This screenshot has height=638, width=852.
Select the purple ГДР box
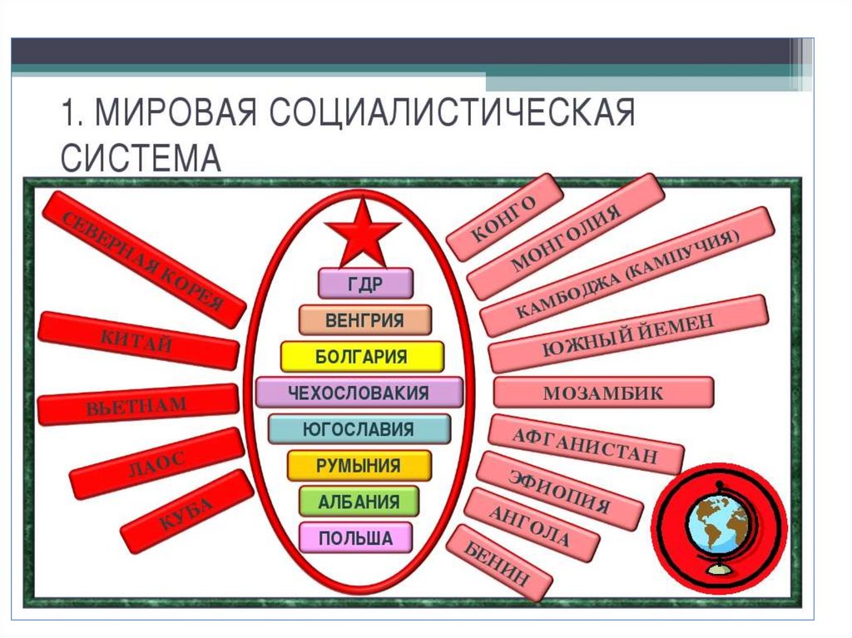click(365, 283)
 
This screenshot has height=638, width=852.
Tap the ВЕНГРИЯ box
click(365, 320)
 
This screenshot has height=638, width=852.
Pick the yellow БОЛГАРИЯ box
click(361, 357)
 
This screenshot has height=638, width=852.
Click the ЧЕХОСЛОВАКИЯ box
click(359, 393)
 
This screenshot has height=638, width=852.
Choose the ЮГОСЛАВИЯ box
click(359, 429)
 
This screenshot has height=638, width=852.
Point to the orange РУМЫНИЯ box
click(359, 466)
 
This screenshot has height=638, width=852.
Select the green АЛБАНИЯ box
click(359, 502)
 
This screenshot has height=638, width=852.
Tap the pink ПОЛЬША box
click(356, 538)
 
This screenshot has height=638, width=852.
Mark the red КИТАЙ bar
click(136, 339)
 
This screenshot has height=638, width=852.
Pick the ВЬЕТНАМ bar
click(137, 406)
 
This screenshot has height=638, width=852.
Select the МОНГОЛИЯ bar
click(566, 236)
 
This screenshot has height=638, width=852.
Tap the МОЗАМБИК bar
click(603, 393)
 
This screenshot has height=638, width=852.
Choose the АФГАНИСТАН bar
click(585, 444)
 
